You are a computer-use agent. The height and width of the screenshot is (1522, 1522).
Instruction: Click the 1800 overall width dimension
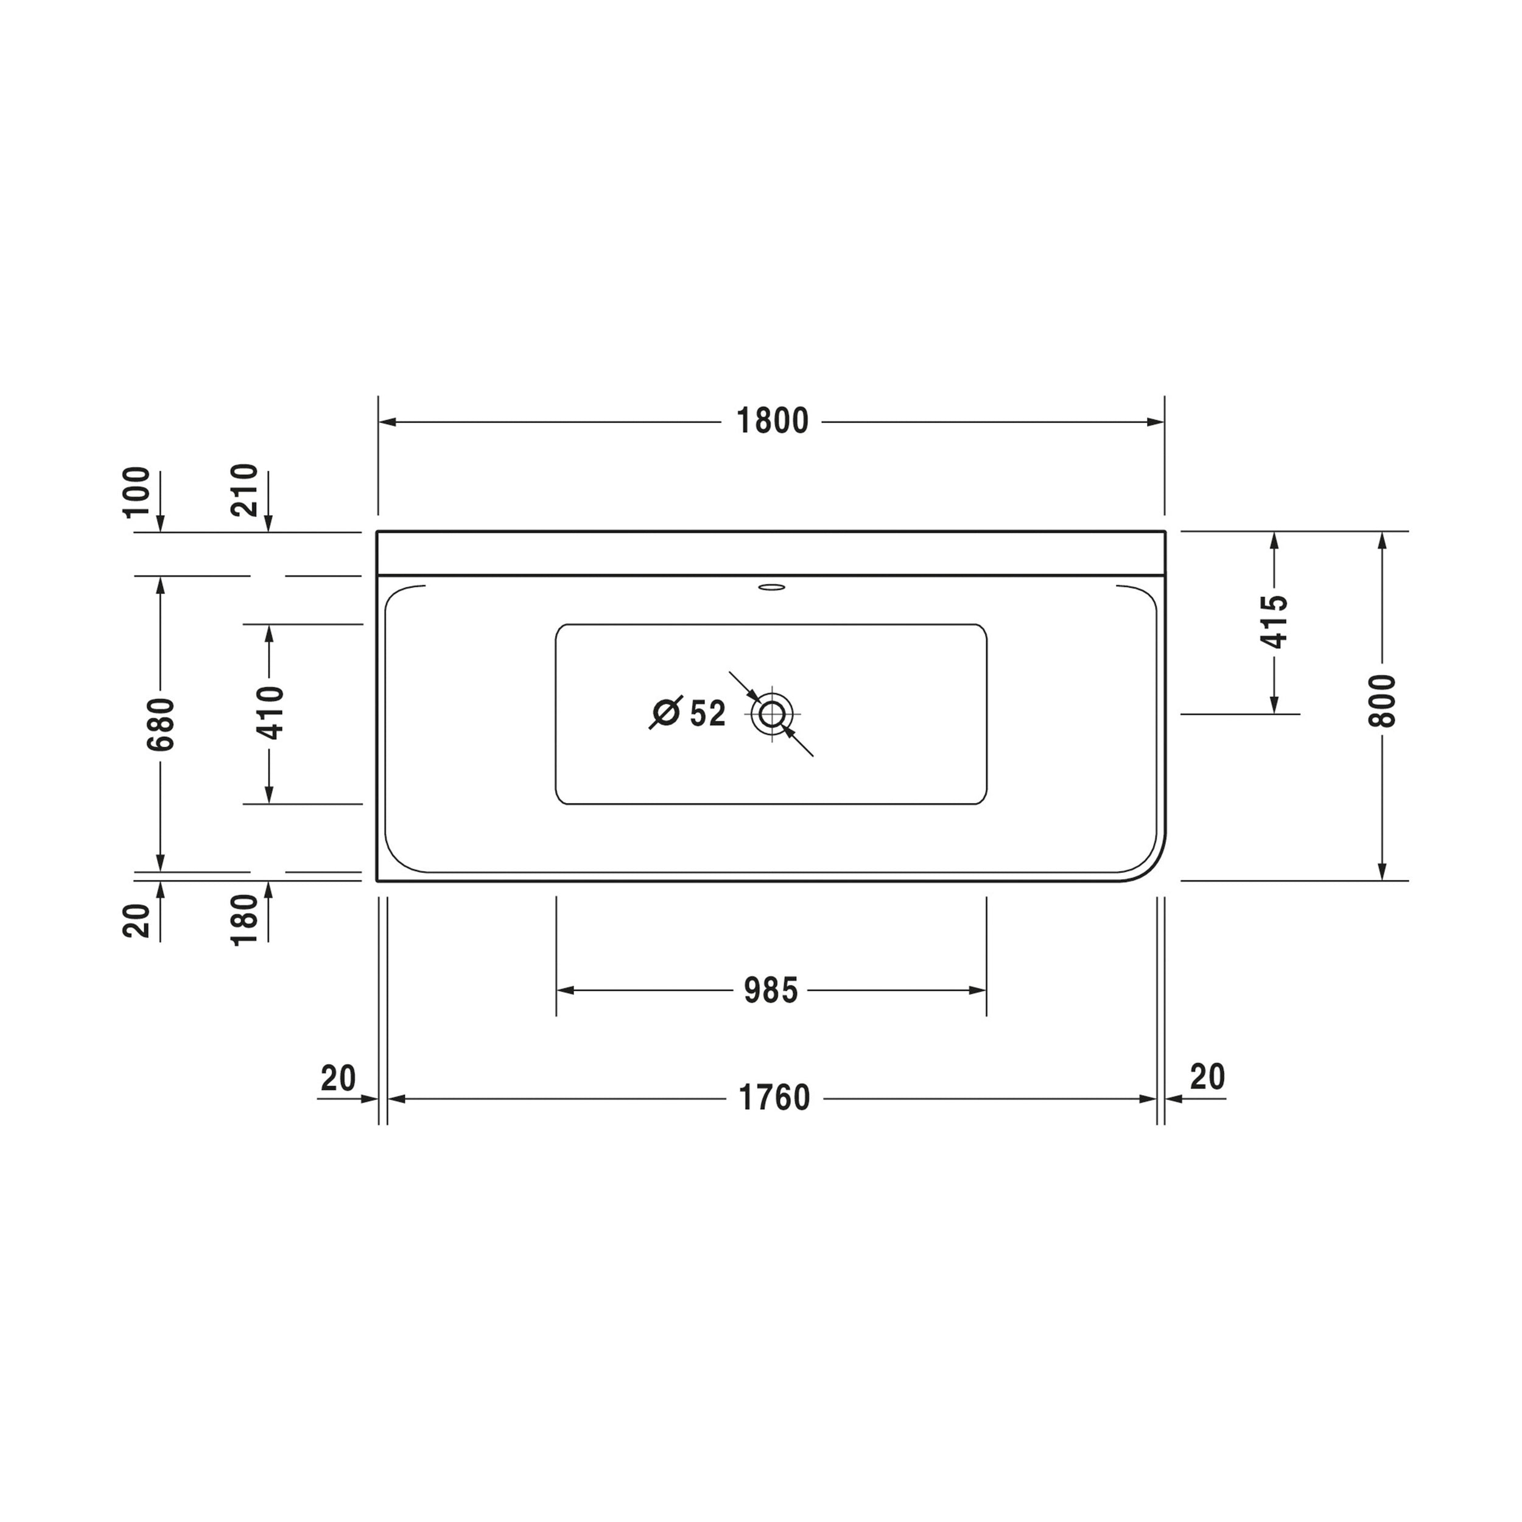[x=772, y=421]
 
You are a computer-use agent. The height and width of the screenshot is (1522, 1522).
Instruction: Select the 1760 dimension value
[x=774, y=1098]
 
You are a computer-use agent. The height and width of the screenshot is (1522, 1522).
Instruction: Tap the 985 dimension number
[x=771, y=991]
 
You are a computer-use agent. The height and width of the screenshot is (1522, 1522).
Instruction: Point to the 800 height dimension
[x=1382, y=701]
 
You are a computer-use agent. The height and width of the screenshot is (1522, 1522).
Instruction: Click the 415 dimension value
[x=1275, y=622]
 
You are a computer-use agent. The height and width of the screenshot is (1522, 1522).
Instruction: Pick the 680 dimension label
[x=161, y=724]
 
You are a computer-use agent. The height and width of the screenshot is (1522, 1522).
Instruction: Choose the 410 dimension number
[x=270, y=713]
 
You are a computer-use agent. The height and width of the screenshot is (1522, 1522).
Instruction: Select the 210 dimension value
[x=244, y=490]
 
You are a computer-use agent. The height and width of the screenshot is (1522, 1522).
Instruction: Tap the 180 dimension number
[x=244, y=919]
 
